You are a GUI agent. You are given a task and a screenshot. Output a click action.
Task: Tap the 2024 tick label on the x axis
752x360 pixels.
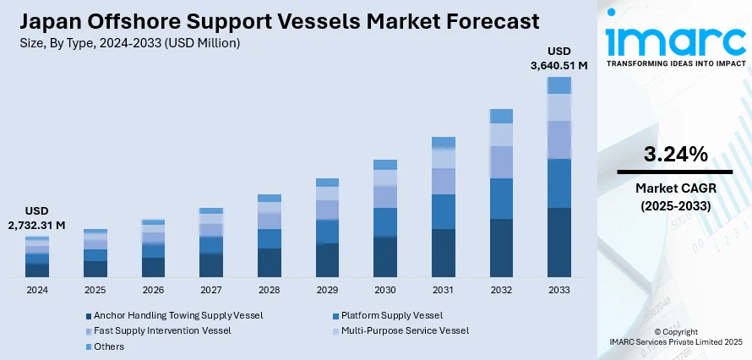(37, 290)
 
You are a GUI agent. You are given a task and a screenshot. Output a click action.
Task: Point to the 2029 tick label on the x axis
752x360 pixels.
(327, 290)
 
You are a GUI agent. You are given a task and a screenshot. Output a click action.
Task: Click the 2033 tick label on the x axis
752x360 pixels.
(559, 290)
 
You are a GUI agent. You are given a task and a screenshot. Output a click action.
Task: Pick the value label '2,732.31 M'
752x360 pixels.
(37, 226)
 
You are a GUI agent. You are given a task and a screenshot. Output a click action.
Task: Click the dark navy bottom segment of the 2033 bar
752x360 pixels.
(559, 243)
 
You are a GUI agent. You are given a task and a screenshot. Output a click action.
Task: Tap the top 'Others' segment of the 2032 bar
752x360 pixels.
(501, 116)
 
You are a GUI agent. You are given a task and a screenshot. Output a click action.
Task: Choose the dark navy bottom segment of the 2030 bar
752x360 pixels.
(385, 257)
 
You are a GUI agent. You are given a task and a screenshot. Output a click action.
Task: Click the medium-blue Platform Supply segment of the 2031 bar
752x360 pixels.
(444, 211)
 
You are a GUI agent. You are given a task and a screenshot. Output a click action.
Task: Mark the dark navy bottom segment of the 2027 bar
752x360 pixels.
(211, 265)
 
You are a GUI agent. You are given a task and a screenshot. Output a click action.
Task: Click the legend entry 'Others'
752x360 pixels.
(108, 346)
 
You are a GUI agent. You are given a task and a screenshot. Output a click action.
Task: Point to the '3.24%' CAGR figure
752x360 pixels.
(674, 154)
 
